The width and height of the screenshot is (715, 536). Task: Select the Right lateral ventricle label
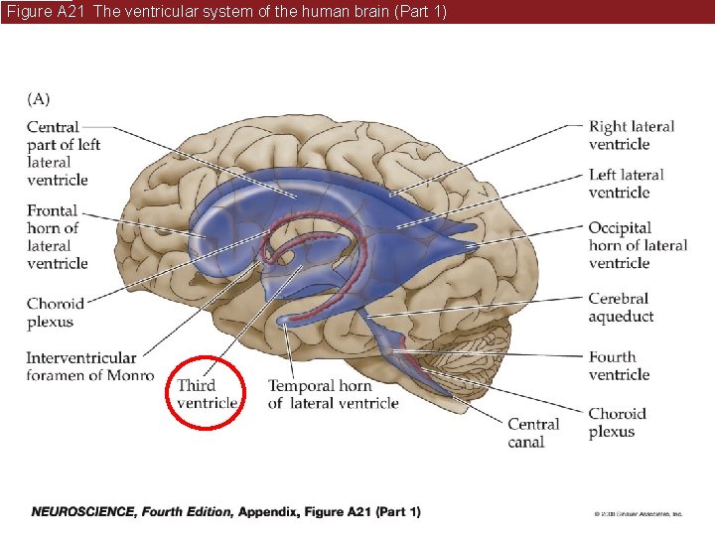click(x=632, y=135)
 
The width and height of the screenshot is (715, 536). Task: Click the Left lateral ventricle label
click(x=626, y=184)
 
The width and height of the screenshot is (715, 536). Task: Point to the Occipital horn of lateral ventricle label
click(x=637, y=245)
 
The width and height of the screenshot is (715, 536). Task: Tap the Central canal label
click(x=533, y=433)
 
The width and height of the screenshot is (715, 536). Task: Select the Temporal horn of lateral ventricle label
click(x=333, y=394)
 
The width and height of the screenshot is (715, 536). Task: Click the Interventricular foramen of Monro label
click(x=89, y=366)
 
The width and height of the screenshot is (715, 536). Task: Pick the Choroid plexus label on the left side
click(x=56, y=313)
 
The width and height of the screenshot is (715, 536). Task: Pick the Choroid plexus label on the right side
click(x=617, y=423)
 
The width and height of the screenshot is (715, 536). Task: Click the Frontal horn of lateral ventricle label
click(x=58, y=236)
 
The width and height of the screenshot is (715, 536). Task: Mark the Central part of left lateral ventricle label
click(x=64, y=153)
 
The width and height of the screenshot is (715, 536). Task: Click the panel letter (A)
click(x=39, y=98)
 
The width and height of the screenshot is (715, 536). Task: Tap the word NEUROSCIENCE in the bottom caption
click(x=83, y=512)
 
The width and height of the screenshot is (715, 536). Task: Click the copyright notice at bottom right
click(x=638, y=514)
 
